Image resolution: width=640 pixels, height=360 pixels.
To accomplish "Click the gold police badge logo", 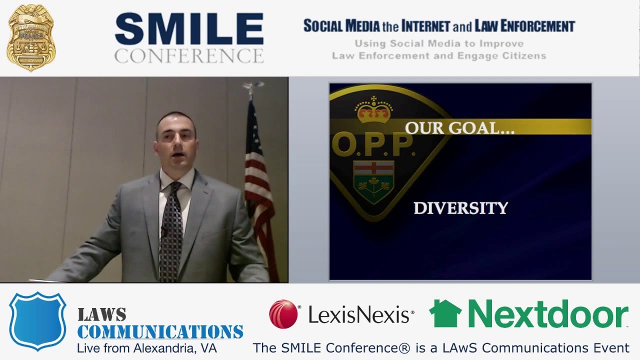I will point(31,38).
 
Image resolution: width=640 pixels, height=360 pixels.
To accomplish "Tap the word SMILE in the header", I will point(189,29).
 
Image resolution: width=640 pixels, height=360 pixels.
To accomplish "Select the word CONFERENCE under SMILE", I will point(189,55).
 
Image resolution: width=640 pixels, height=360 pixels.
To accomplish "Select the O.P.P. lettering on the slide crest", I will point(372,144).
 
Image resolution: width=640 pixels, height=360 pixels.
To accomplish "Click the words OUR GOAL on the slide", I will point(459,128).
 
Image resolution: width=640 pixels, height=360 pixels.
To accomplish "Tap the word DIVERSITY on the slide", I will point(460,208).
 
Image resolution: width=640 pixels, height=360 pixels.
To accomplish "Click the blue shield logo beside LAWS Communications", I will point(38,320).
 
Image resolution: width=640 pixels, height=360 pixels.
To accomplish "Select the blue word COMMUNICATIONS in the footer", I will point(160,331).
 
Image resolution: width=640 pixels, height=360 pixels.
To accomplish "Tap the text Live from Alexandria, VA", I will point(147,348).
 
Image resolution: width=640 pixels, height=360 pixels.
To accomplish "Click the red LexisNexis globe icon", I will point(283,314).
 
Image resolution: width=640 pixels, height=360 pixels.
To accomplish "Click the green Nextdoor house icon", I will point(445,313).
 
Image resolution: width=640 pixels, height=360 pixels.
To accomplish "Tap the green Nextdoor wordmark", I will point(547,314).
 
